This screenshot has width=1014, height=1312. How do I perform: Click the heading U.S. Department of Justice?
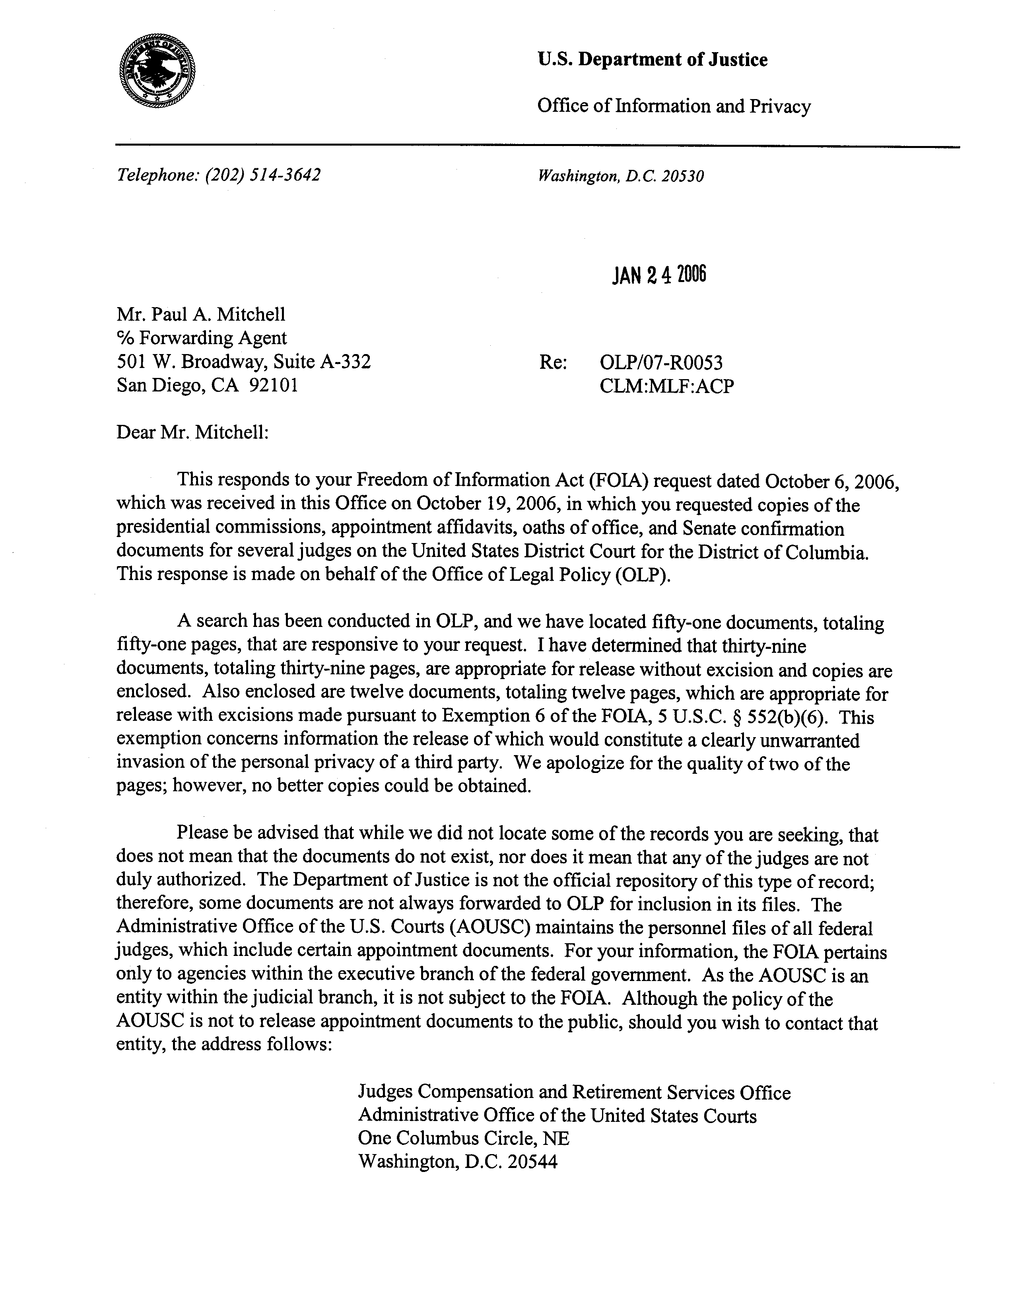pyautogui.click(x=652, y=59)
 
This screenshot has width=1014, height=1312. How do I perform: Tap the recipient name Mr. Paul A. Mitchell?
pyautogui.click(x=201, y=314)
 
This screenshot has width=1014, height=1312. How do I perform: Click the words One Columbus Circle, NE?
pyautogui.click(x=464, y=1139)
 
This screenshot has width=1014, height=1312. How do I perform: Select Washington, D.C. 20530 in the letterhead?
pyautogui.click(x=620, y=176)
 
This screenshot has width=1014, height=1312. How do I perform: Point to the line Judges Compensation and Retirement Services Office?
pyautogui.click(x=574, y=1092)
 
